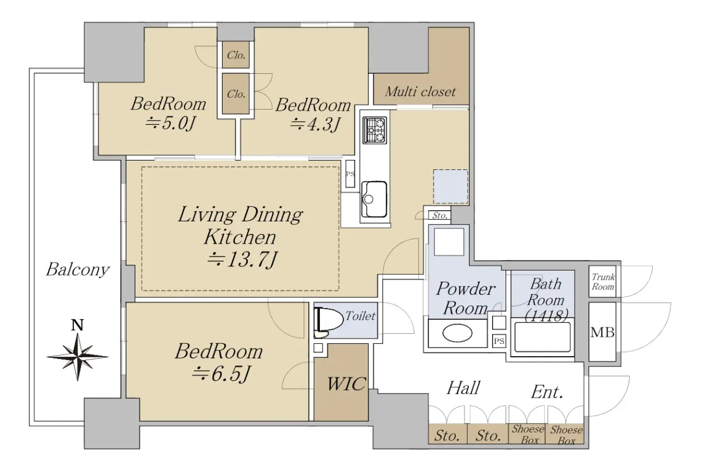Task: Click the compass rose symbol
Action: point(77,357)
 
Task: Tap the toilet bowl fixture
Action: point(328,320)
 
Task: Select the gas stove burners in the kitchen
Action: point(374,130)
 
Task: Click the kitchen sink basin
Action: point(374,199)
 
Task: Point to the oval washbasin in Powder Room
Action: point(458,333)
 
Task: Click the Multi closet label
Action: point(420,91)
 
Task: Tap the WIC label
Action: point(346,383)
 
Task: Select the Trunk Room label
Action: point(603,282)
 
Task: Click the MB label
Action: point(602,332)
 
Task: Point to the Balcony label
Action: point(77,269)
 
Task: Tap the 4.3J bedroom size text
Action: point(315,124)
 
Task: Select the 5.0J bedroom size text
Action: point(170,123)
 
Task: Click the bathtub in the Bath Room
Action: point(542,337)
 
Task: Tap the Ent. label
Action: point(547,392)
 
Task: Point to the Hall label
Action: point(463,388)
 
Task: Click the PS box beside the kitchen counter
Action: point(350,174)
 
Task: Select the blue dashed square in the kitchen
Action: point(451,186)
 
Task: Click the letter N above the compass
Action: point(77,325)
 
